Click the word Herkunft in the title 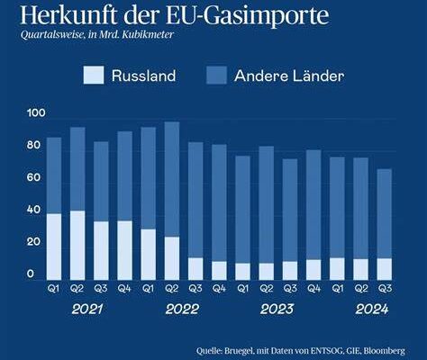[68, 15]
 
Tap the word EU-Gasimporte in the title [248, 16]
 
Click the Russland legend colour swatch [94, 75]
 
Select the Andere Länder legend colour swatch [216, 75]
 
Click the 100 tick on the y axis [36, 112]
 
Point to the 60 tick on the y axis [33, 177]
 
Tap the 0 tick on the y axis [31, 274]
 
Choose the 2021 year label [87, 310]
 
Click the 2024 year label [372, 310]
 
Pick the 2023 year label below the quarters [277, 310]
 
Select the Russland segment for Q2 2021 [77, 246]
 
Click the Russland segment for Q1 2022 [149, 255]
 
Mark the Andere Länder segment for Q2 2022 [172, 179]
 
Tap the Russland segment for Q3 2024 [385, 269]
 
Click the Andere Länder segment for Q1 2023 [243, 210]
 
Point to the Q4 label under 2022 [219, 289]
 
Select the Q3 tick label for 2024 [385, 289]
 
